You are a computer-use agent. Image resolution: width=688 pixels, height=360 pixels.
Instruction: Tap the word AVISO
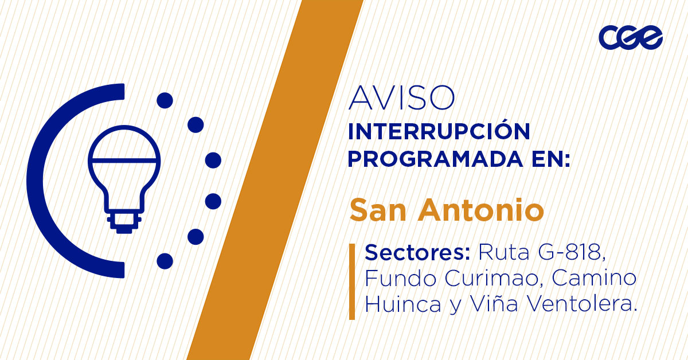[401, 98]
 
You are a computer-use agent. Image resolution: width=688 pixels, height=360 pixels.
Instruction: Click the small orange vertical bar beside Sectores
[352, 281]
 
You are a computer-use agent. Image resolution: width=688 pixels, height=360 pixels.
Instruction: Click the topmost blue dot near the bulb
[165, 101]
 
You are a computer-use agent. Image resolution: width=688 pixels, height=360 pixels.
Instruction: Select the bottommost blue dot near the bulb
[165, 261]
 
